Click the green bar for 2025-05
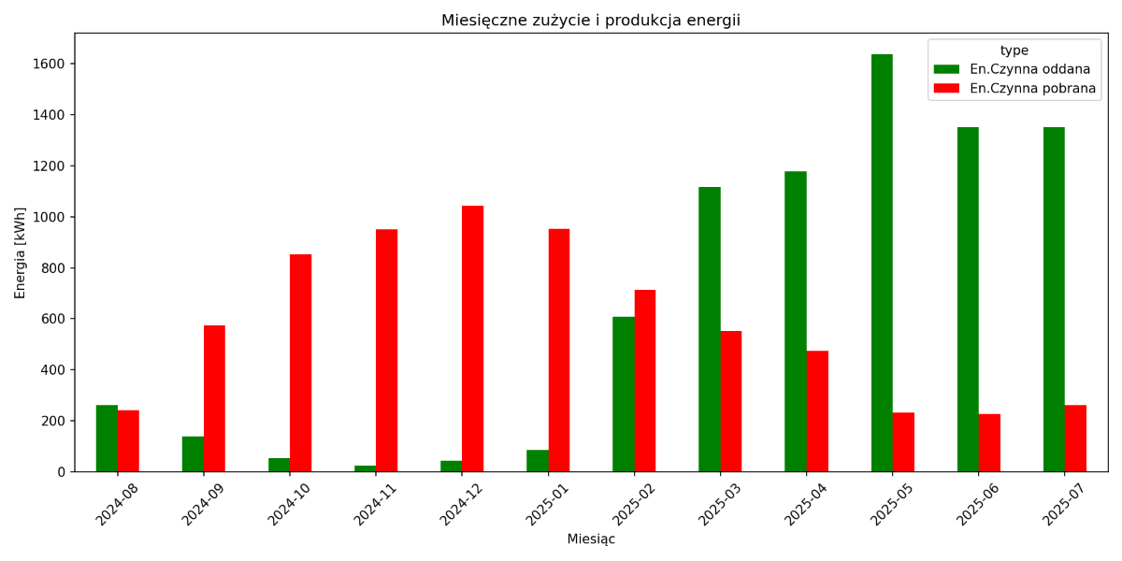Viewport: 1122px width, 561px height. click(882, 263)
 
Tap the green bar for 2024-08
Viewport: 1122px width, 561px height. click(107, 439)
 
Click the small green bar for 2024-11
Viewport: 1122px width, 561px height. click(365, 468)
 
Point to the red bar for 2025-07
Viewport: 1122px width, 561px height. click(1075, 439)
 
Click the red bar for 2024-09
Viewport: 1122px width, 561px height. click(214, 398)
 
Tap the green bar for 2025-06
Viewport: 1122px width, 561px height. click(968, 299)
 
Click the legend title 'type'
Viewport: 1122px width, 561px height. click(1014, 50)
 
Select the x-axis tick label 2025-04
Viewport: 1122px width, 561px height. click(807, 505)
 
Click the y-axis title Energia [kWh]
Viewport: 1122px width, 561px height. click(21, 252)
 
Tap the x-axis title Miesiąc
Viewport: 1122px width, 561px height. click(591, 539)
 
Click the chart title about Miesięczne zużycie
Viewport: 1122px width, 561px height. click(591, 21)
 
